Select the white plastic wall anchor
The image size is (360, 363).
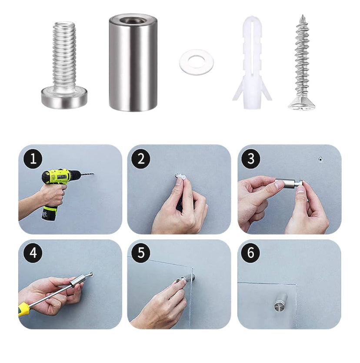coord(252,63)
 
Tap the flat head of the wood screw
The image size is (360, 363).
coord(302,103)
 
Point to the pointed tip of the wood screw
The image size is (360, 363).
coord(302,15)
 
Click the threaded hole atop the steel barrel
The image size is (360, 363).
coord(133,20)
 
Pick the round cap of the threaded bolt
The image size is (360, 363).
coord(64,97)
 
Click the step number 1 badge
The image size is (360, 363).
coord(33,159)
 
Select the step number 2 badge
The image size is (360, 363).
coord(141,159)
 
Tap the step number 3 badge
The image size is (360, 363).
coord(251,159)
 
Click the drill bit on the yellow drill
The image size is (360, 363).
coord(86,174)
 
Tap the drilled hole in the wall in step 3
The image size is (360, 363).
coord(320,159)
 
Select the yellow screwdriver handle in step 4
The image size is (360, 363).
coord(24,309)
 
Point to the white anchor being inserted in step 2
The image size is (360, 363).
coord(180,177)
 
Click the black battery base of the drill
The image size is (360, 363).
coord(49,213)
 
